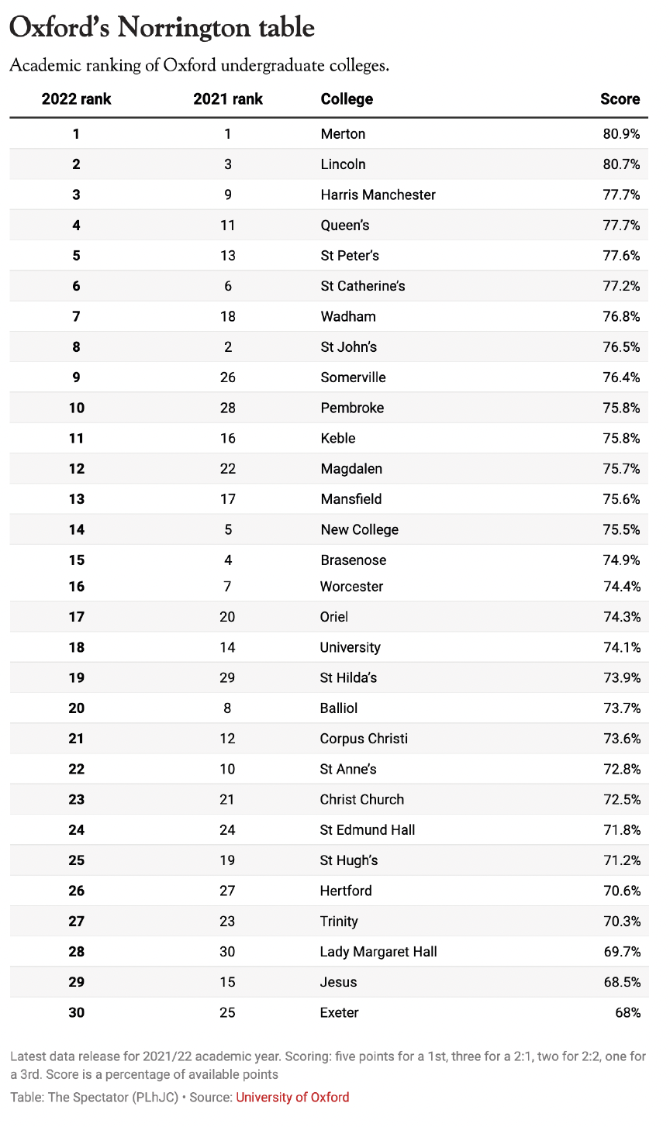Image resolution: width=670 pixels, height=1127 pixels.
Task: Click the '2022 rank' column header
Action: point(76,99)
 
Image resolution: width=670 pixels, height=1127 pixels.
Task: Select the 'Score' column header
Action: point(620,99)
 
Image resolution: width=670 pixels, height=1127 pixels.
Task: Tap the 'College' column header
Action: point(347,99)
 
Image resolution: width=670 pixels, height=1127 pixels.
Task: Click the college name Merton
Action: point(343,134)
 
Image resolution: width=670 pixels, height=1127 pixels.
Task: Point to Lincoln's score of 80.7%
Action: point(621,164)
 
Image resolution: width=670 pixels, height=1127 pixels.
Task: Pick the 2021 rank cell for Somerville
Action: point(228,377)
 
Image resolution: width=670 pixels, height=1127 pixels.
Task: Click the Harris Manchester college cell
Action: point(378,195)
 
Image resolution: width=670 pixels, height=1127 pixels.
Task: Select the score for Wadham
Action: point(621,316)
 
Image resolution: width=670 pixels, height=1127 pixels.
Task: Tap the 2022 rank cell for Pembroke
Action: point(76,408)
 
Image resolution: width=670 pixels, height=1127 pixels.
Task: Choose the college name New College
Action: point(359,530)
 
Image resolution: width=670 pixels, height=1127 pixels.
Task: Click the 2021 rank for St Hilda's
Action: point(228,677)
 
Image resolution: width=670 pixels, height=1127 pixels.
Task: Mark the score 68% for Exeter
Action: point(627,1012)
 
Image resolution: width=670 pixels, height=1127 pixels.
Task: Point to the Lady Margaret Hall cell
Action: point(378,952)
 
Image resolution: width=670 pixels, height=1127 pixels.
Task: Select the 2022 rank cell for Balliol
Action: point(76,708)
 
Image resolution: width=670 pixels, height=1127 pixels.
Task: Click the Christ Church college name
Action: point(362,799)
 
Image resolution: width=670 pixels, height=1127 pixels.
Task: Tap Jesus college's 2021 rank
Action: point(228,982)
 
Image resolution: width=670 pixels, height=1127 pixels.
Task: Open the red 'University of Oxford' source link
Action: point(292,1098)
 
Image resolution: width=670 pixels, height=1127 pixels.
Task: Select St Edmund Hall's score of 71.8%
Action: point(621,830)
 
